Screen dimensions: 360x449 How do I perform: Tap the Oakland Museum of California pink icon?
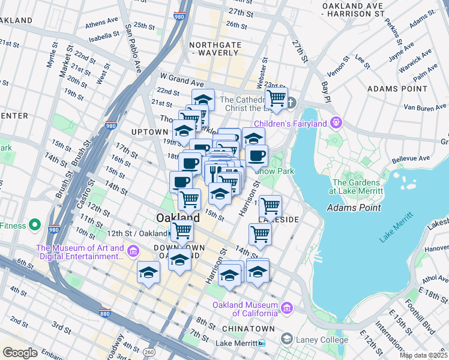click(x=287, y=308)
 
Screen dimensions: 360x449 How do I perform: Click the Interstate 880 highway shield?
click(x=106, y=312)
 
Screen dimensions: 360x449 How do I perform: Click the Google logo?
click(x=20, y=352)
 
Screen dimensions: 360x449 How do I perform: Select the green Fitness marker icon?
click(x=35, y=226)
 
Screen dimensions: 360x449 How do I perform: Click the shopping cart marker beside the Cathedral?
click(x=276, y=98)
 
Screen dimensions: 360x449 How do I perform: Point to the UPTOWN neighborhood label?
click(x=149, y=131)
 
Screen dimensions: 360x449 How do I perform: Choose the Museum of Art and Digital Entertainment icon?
click(x=133, y=251)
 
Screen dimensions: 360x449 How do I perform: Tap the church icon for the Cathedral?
click(x=292, y=101)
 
